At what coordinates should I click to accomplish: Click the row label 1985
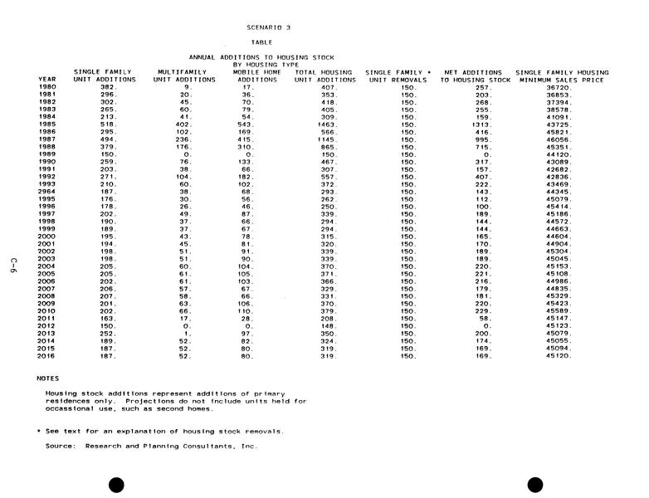click(47, 124)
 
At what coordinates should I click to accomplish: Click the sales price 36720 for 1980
click(557, 87)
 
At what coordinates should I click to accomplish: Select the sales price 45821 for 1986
click(557, 132)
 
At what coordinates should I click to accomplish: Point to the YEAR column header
click(47, 80)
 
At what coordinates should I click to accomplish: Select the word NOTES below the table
click(48, 378)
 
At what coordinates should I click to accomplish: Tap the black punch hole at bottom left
click(117, 484)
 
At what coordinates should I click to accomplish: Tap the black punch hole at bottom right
click(535, 484)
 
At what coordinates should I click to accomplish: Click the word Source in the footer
click(62, 446)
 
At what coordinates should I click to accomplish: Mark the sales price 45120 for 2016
click(557, 356)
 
